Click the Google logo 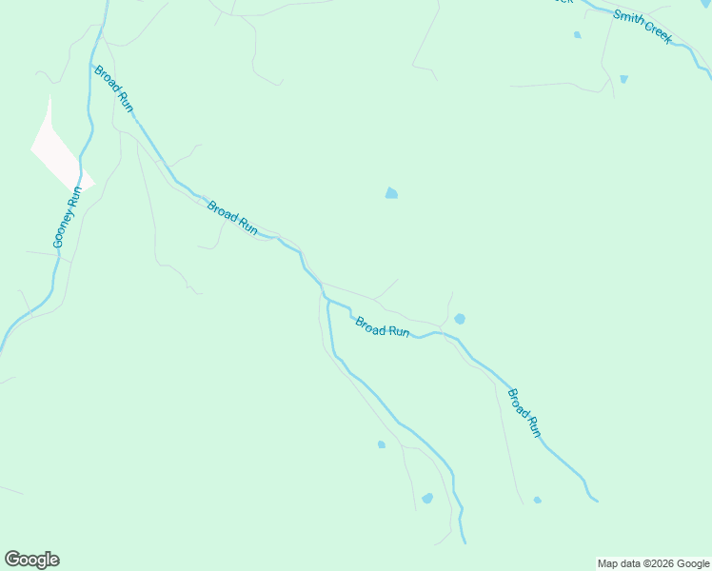click(32, 560)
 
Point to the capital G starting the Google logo click(13, 560)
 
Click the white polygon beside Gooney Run click(59, 152)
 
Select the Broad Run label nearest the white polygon click(113, 88)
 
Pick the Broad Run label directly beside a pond click(383, 326)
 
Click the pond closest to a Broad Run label click(460, 319)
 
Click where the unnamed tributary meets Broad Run click(326, 300)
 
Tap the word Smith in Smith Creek click(628, 19)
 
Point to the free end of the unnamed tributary click(465, 543)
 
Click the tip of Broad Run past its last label click(597, 500)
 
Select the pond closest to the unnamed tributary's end click(427, 498)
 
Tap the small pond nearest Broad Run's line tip click(538, 500)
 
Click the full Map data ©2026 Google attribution click(653, 563)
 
